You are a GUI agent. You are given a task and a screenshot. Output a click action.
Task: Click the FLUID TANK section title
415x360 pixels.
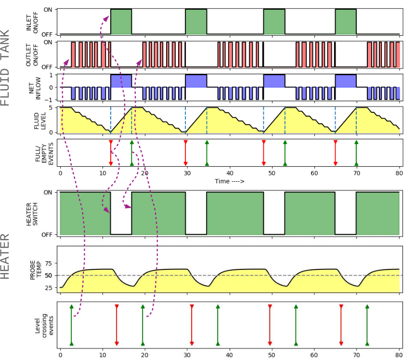(x=5, y=68)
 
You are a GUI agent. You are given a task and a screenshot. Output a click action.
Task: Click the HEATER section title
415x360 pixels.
(x=5, y=256)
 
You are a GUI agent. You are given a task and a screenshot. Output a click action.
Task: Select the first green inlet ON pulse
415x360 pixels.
(x=121, y=22)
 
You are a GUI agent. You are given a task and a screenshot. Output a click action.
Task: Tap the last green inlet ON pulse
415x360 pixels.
(x=346, y=22)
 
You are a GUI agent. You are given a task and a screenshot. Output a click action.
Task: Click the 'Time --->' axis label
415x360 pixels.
(x=230, y=181)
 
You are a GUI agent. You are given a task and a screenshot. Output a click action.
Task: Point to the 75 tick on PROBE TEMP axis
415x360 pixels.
(x=49, y=263)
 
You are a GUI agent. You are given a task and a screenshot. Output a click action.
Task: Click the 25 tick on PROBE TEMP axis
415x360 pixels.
(x=49, y=287)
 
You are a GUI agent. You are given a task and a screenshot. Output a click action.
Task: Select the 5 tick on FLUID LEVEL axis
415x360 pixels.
(x=51, y=108)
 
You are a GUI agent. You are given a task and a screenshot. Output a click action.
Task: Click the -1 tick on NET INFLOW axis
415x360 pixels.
(x=49, y=100)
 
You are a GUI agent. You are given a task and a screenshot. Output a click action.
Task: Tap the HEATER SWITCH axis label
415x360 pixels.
(x=32, y=214)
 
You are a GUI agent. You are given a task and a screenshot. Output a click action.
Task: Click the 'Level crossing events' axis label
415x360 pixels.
(x=44, y=325)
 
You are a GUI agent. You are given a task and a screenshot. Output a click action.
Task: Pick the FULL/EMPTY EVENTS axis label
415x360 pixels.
(x=44, y=154)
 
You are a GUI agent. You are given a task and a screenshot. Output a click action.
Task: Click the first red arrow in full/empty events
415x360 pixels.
(x=111, y=153)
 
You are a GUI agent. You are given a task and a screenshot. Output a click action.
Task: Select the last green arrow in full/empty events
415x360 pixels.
(x=357, y=153)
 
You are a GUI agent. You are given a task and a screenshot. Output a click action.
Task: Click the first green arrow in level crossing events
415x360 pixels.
(x=71, y=325)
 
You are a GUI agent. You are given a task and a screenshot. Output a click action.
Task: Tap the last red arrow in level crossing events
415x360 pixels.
(x=341, y=325)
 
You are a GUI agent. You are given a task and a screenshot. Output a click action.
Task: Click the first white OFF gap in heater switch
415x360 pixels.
(x=121, y=213)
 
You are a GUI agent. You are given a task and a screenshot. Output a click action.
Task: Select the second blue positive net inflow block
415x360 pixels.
(x=196, y=81)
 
